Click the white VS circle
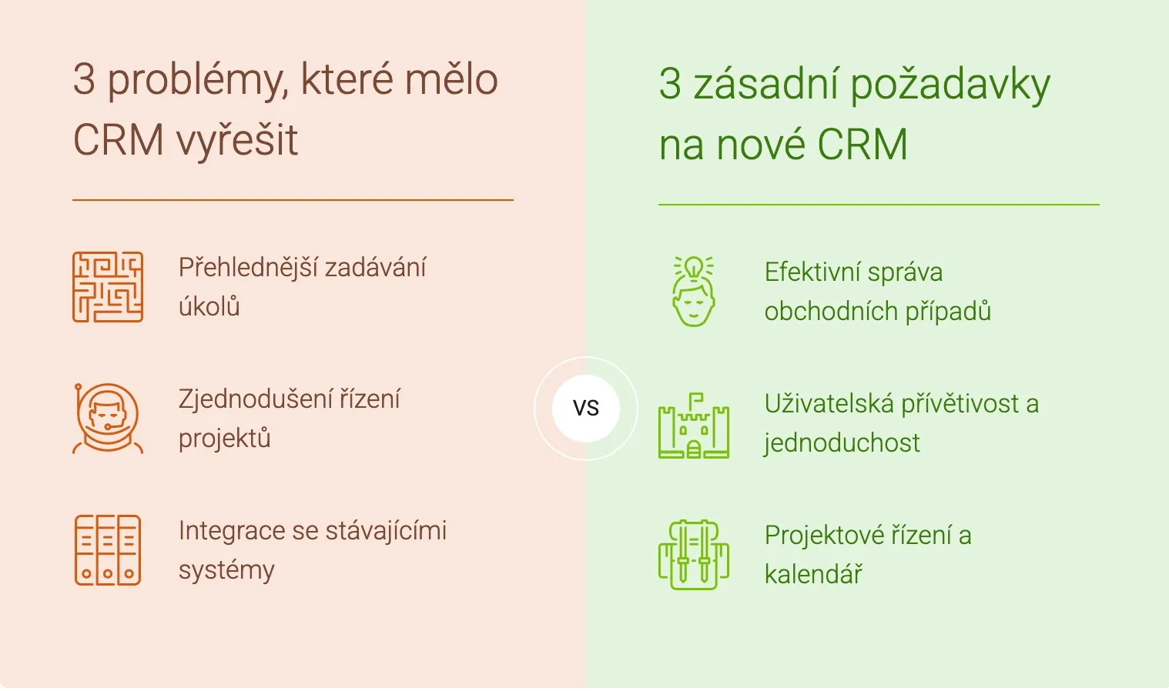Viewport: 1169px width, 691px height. pos(586,409)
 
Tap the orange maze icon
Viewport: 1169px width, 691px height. pos(108,287)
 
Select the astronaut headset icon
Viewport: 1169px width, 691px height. pos(108,419)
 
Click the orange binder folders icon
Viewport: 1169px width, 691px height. pos(108,550)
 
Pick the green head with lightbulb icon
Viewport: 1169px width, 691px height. pos(693,292)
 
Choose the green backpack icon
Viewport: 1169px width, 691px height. pos(693,555)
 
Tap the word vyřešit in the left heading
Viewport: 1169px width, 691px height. pos(237,141)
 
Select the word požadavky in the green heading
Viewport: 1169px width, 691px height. pos(950,85)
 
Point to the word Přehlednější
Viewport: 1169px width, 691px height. pos(247,268)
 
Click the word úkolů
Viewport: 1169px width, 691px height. pos(209,306)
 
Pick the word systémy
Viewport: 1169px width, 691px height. pos(226,571)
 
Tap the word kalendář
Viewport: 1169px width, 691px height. pos(813,575)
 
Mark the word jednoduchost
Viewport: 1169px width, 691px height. pos(842,443)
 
